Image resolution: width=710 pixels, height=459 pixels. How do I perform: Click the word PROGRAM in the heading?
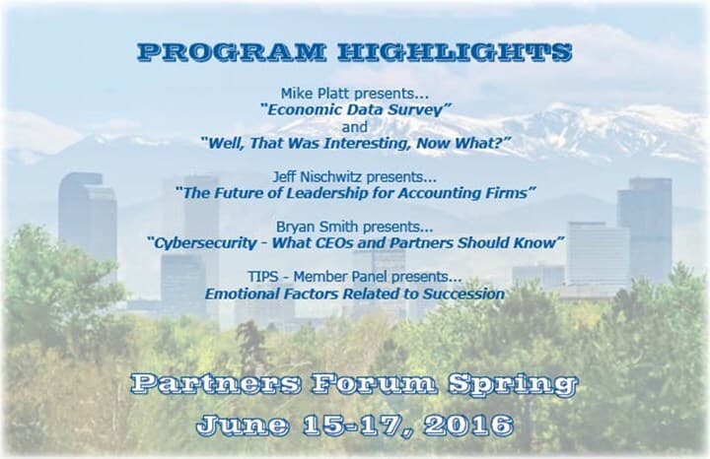pos(231,52)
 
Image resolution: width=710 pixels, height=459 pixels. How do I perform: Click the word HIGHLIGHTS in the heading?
pos(455,52)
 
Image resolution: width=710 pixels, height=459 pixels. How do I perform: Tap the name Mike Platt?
pos(316,94)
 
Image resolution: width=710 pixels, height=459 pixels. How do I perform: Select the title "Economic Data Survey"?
pos(355,109)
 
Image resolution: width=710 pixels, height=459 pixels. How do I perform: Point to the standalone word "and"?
pos(355,127)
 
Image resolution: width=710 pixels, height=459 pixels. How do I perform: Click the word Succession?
pos(464,294)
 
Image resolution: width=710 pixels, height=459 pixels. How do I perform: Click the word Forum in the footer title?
pos(374,383)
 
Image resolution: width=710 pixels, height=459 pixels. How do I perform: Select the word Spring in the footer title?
pos(513,385)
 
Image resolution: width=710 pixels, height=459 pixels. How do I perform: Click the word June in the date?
pos(243,426)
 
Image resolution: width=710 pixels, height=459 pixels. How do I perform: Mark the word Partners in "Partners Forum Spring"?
pos(216,383)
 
